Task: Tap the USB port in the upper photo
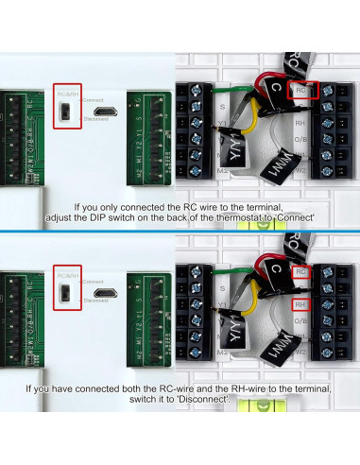111,112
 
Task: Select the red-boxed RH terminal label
300,305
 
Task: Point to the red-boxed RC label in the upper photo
301,92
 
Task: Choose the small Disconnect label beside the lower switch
97,301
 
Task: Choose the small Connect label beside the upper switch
94,99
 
